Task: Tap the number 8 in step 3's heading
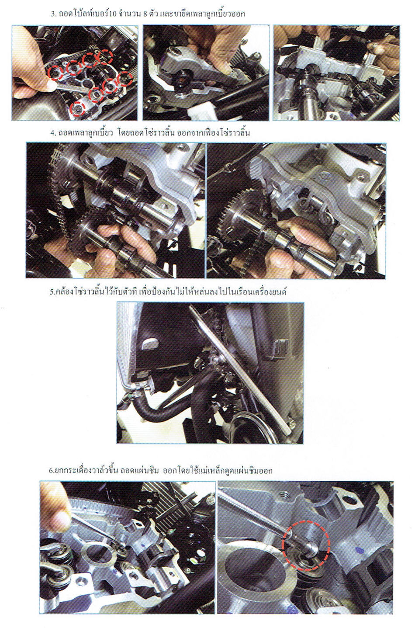(x=145, y=14)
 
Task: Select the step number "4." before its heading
(x=53, y=132)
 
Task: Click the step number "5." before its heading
(x=52, y=292)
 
